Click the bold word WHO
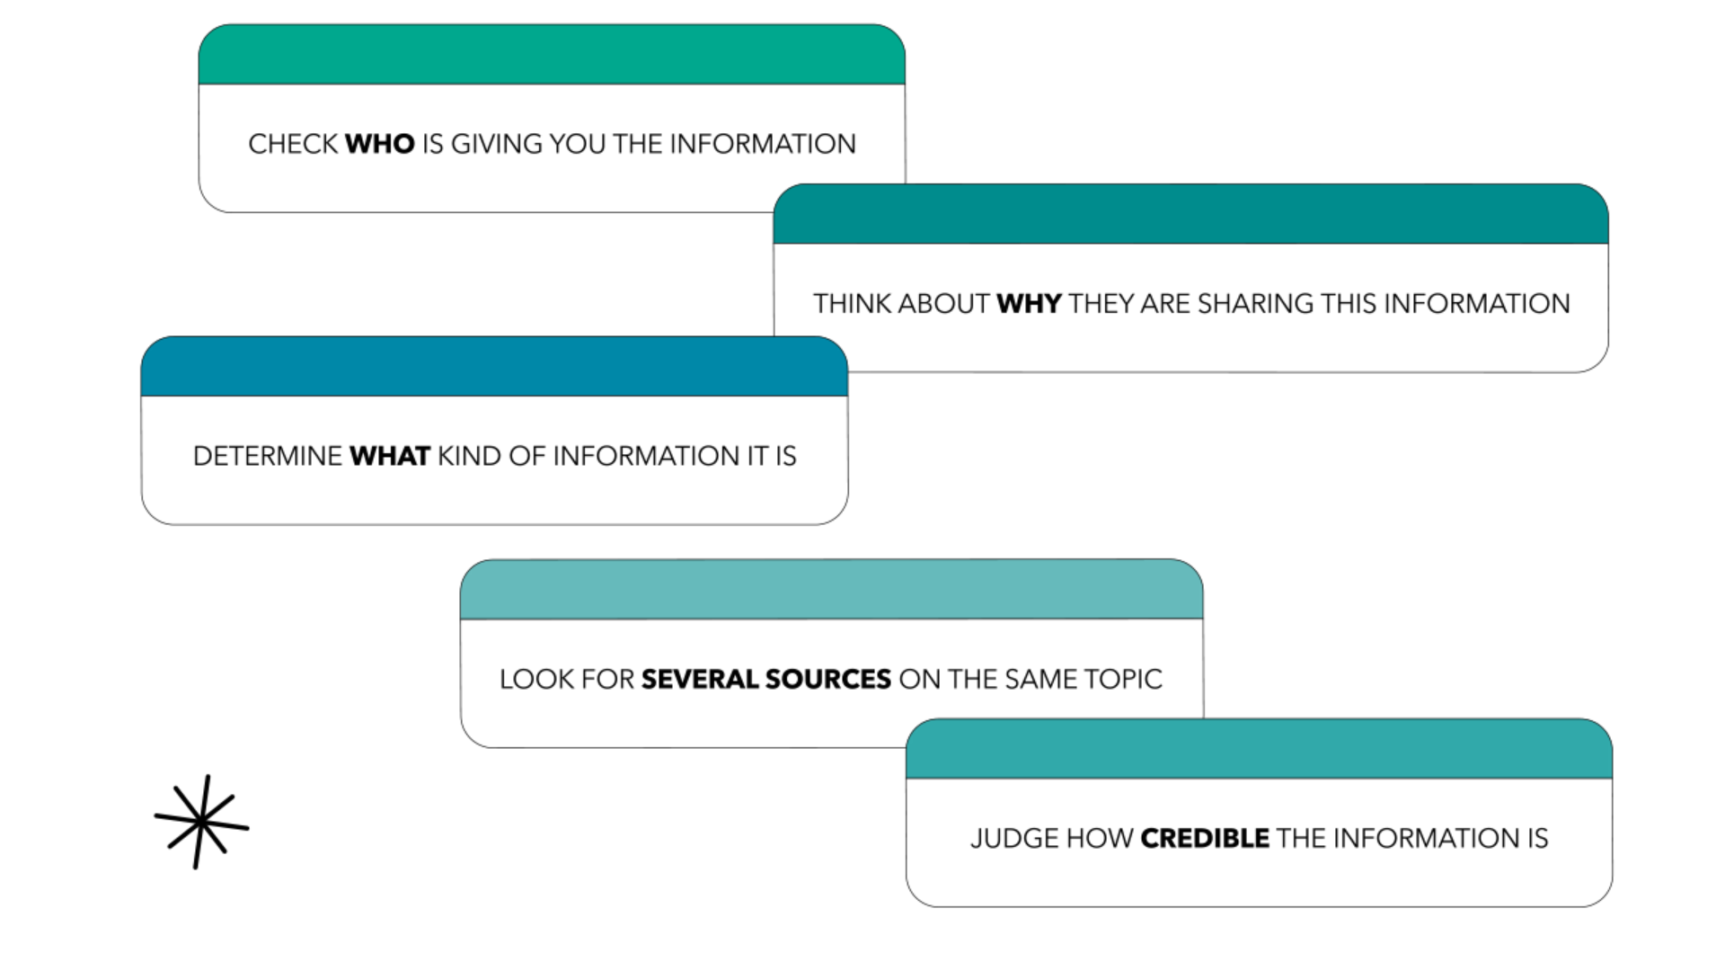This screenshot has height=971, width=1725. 379,144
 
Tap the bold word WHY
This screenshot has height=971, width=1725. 1029,304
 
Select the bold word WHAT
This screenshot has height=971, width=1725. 390,456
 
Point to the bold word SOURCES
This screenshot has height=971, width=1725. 827,679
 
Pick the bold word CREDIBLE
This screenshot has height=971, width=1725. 1205,838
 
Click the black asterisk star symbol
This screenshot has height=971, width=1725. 201,822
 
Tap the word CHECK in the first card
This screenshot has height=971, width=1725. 293,144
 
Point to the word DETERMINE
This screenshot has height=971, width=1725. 268,456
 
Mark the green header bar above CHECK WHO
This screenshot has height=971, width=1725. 552,55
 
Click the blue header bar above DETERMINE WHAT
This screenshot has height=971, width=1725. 494,367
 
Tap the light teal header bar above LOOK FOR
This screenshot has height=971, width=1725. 831,590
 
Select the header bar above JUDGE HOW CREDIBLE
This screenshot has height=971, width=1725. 1259,749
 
